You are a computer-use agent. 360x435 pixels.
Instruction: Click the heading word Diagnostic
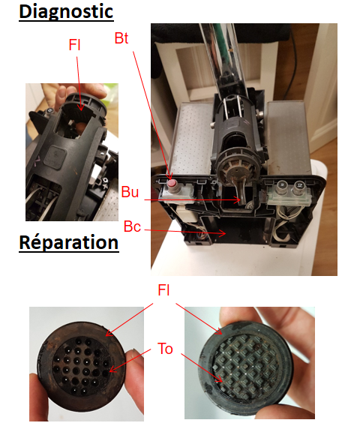coord(66,12)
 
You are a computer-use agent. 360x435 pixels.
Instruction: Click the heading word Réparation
coord(69,242)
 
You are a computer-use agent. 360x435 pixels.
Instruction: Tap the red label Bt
coord(121,38)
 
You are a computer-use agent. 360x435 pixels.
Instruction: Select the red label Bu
coord(130,192)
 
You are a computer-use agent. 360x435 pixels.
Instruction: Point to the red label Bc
coord(132,226)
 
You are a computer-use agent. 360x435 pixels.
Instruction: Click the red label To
coord(165,349)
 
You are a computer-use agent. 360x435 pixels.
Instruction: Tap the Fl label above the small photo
coord(74,45)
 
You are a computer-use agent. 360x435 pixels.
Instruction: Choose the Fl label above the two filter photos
coord(163,290)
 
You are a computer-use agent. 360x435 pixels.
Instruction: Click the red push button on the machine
coord(172,183)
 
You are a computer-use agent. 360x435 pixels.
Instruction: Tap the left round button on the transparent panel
coord(282,184)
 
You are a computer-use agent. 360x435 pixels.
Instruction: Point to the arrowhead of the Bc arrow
coord(225,233)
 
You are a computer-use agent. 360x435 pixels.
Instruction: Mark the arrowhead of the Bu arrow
coord(239,199)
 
